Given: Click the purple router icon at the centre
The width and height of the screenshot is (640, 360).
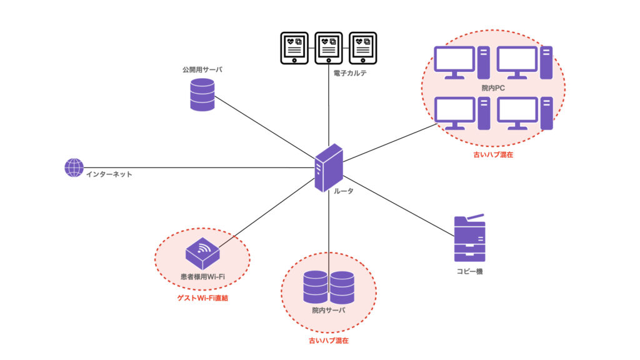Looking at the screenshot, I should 329,167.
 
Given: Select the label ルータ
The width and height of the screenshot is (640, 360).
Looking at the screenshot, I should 341,191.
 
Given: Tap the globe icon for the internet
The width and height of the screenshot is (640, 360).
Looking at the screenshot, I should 74,167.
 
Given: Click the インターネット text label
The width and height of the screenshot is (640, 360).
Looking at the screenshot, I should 109,174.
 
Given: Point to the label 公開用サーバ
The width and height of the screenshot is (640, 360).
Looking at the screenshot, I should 202,70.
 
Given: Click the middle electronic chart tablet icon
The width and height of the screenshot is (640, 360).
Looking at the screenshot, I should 327,47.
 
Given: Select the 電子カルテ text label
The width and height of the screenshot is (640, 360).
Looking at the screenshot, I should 350,73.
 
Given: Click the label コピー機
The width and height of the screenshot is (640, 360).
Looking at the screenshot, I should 469,272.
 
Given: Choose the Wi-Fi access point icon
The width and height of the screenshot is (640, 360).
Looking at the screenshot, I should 202,252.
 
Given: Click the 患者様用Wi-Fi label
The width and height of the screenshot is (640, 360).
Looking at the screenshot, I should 202,276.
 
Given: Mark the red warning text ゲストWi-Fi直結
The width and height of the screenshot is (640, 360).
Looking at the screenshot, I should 202,299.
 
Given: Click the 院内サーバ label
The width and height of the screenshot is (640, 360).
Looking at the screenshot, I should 329,310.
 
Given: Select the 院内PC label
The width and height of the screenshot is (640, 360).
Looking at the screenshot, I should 493,89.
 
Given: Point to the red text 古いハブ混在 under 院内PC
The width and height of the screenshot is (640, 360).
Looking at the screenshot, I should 493,154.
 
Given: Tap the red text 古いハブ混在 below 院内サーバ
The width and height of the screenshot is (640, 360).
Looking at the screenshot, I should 329,341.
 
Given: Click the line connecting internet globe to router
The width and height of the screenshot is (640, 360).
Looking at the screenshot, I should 200,167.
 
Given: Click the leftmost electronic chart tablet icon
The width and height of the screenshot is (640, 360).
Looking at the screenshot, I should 293,47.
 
